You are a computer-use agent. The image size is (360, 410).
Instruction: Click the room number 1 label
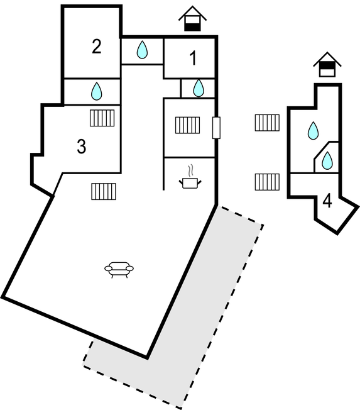tap(193, 58)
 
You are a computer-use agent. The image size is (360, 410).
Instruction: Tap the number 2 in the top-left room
tap(97, 47)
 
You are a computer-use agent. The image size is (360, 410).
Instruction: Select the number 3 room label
tap(82, 146)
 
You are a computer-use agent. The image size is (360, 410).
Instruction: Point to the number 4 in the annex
tap(327, 201)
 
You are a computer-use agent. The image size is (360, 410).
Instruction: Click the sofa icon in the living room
tap(119, 270)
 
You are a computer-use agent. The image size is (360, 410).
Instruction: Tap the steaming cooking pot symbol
tap(190, 177)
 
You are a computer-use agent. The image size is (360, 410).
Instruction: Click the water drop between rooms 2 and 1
tap(142, 50)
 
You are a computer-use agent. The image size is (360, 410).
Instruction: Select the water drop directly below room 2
tap(96, 91)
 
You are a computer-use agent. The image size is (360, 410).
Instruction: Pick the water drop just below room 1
tap(199, 88)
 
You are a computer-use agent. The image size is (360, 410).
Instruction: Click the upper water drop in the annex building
tap(314, 130)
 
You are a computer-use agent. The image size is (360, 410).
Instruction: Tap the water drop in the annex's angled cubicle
tap(327, 160)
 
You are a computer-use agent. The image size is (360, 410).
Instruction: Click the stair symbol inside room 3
tap(102, 118)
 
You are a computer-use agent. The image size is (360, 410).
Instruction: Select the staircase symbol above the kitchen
tap(188, 125)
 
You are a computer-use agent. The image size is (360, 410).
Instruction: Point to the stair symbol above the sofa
tap(104, 191)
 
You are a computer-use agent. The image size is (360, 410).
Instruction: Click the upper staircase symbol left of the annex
tap(267, 123)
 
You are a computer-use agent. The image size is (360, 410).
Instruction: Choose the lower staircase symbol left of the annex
tap(267, 182)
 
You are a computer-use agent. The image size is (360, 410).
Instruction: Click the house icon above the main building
tap(192, 19)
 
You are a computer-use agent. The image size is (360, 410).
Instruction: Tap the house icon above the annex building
tap(327, 65)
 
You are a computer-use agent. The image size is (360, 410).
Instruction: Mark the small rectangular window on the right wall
tap(216, 128)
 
